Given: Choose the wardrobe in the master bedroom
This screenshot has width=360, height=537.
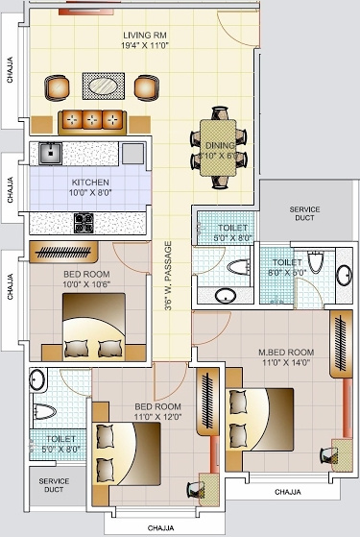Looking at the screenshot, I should pyautogui.click(x=339, y=346).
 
